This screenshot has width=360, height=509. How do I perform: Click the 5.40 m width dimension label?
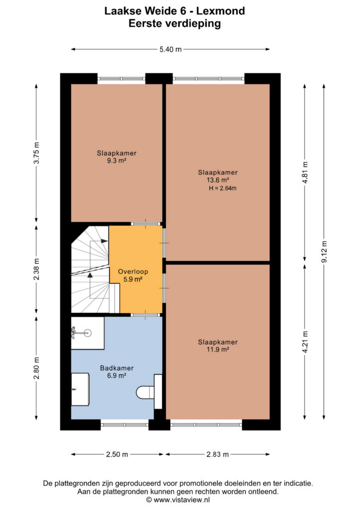171,49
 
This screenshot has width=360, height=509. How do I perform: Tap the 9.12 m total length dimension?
324,252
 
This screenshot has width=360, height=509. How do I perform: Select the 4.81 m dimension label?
305,172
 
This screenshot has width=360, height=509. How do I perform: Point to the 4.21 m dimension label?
305,342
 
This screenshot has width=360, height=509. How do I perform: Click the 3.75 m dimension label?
36,153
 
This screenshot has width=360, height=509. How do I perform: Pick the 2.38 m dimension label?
36,269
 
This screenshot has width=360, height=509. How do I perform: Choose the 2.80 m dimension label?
36,368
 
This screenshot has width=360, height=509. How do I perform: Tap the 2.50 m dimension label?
117,454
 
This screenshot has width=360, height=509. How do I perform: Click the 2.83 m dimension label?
217,454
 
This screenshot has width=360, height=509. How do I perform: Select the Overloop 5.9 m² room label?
133,275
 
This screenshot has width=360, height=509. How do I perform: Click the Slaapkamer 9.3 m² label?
116,157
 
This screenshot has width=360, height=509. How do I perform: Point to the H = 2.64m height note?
222,188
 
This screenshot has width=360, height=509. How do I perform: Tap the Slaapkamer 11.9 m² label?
218,345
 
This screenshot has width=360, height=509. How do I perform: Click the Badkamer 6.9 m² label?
117,372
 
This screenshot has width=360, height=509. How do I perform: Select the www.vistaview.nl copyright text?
178,500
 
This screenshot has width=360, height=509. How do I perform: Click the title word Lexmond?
221,11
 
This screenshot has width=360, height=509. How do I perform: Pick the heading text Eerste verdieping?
175,23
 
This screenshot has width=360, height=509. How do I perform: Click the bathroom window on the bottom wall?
125,424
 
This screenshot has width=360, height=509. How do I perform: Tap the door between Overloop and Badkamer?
145,315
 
